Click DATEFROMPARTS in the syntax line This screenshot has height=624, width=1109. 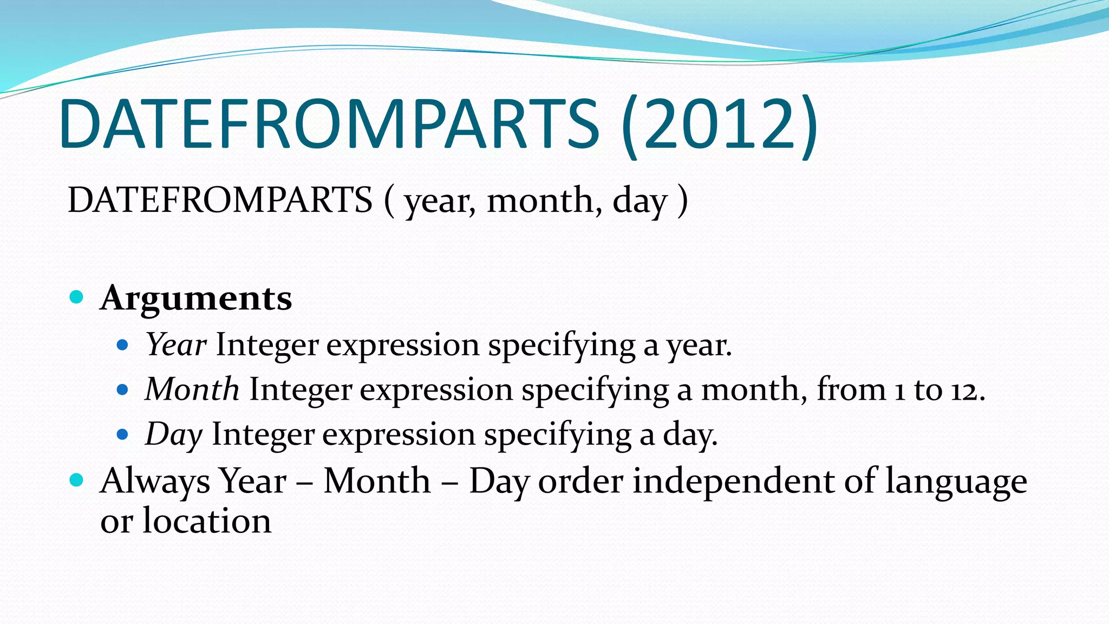[220, 200]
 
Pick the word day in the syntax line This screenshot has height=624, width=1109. [639, 201]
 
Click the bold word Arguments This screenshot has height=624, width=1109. [196, 299]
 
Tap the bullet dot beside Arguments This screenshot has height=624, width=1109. [77, 297]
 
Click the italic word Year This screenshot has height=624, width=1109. [176, 344]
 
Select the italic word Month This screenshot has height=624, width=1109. [192, 389]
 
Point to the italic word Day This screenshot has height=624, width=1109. [174, 435]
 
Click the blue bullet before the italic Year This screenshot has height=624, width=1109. [123, 344]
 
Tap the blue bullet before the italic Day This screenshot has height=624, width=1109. [123, 434]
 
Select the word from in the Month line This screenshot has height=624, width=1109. [851, 389]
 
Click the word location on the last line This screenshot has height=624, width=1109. [207, 521]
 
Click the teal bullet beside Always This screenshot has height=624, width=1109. [77, 480]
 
